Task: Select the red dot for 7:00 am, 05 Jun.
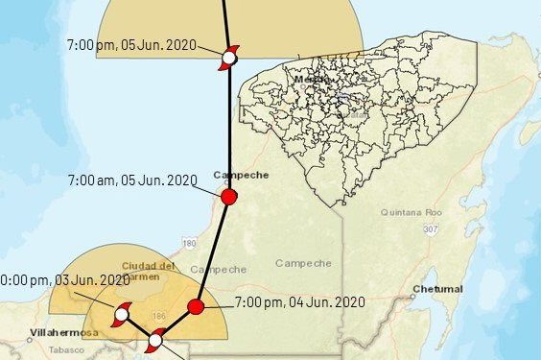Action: click(x=228, y=197)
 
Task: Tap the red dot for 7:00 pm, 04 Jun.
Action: click(x=196, y=307)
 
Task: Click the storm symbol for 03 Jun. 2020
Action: click(x=122, y=314)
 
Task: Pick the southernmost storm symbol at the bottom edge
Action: click(x=155, y=340)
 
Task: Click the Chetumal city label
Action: click(x=436, y=288)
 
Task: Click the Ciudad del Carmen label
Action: click(x=147, y=271)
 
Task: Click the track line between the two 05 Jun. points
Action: click(x=228, y=125)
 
